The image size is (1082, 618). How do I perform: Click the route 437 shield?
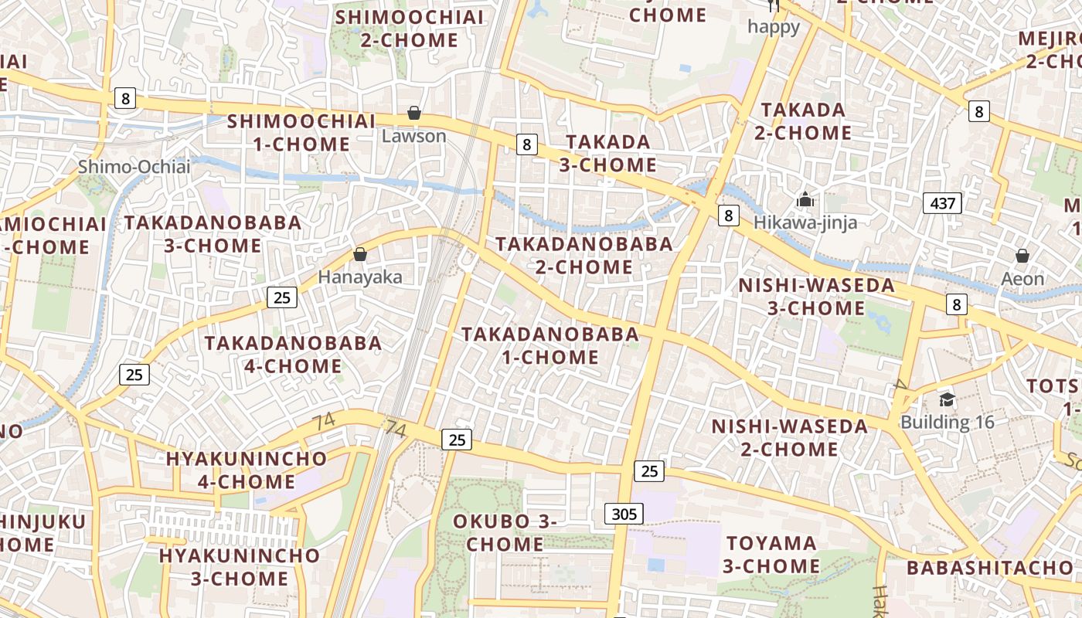(943, 204)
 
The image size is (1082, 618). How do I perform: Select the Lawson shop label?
(414, 136)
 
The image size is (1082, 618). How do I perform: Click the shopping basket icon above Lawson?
(414, 114)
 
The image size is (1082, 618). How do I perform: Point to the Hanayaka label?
(360, 277)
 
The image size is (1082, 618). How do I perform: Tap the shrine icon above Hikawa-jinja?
(805, 200)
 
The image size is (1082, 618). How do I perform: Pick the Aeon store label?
(1022, 278)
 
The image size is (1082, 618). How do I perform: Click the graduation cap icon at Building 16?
(947, 399)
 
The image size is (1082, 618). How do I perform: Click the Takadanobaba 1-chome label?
(550, 345)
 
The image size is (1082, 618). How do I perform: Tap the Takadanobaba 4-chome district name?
(293, 354)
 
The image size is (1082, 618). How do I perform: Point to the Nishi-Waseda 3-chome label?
(816, 297)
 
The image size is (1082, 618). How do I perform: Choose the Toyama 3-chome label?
(771, 555)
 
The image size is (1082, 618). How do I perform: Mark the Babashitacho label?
(990, 568)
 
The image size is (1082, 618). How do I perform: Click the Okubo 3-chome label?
(505, 532)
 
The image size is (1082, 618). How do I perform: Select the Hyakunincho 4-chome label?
(247, 470)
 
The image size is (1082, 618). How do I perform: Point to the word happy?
(774, 27)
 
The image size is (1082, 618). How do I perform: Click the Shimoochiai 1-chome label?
(301, 132)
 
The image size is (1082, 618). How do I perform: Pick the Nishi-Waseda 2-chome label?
(790, 437)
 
